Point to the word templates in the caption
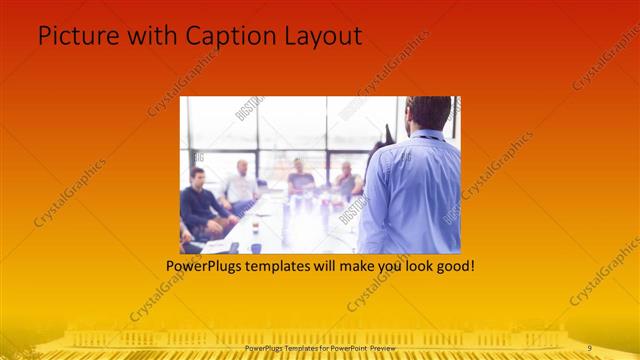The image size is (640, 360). [x=282, y=267]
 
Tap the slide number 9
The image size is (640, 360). [x=590, y=347]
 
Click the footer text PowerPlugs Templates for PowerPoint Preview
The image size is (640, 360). [x=320, y=347]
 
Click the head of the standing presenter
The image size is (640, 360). [x=430, y=113]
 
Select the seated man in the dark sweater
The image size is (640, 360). [x=199, y=205]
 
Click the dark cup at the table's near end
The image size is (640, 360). [x=256, y=247]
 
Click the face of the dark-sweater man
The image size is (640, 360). [x=198, y=178]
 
